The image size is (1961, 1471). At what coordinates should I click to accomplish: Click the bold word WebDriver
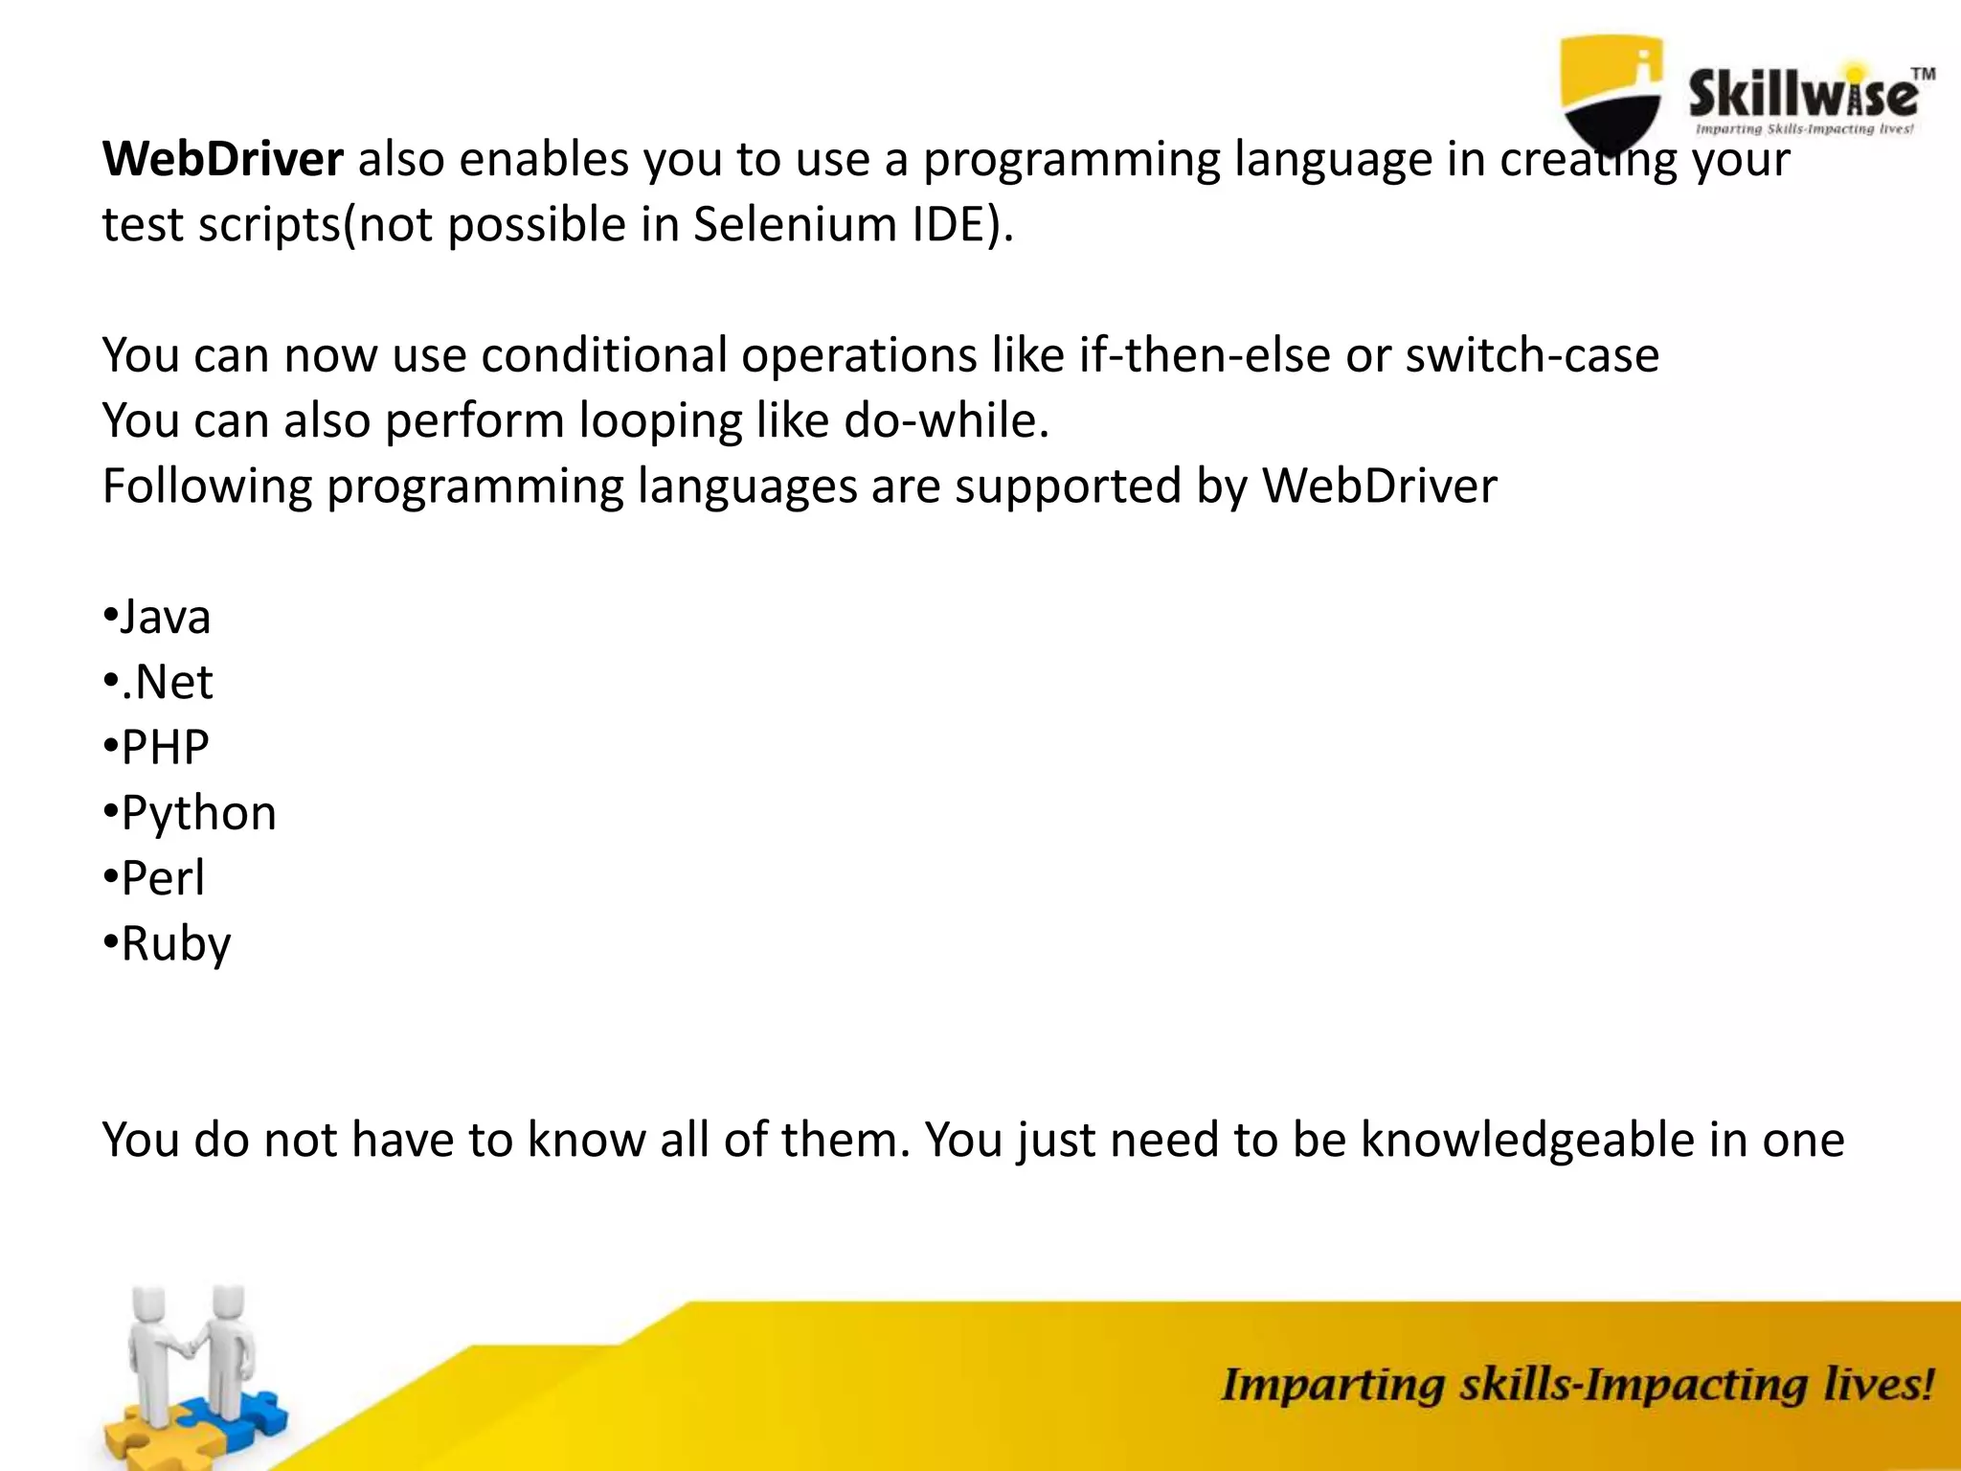222,159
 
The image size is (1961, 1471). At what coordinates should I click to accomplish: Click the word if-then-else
1205,355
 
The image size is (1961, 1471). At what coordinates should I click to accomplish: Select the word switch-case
1531,355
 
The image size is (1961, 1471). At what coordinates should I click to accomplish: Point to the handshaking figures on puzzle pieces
192,1360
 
